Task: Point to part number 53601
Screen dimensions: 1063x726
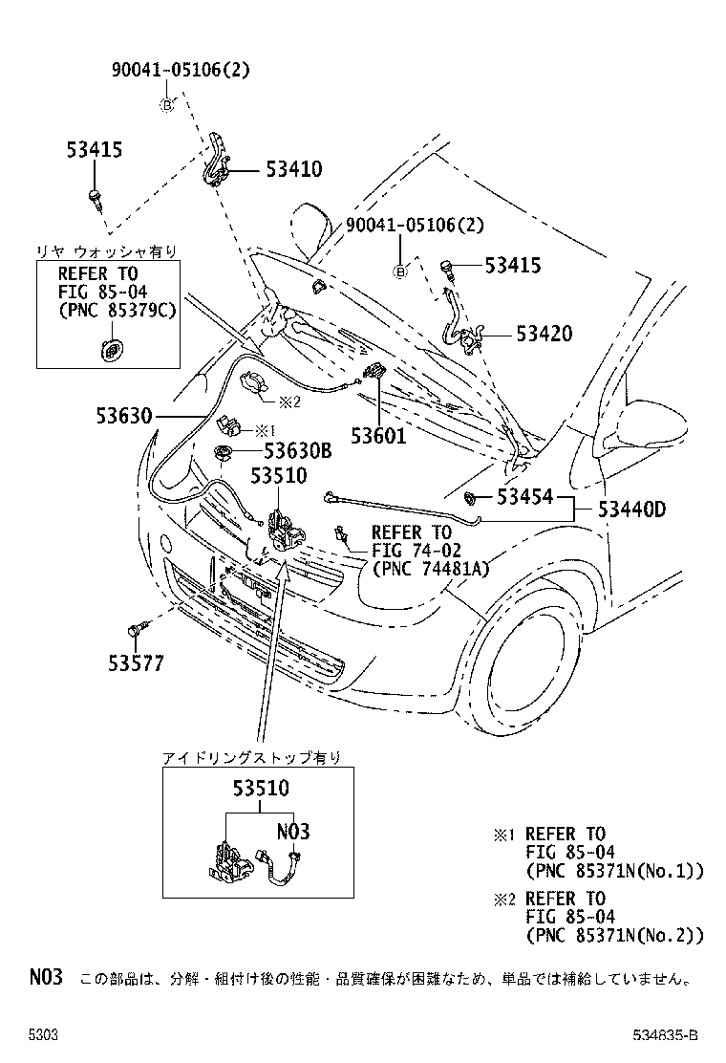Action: tap(377, 435)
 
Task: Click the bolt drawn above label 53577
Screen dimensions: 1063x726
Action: tap(136, 630)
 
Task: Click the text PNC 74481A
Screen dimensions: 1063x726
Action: tap(430, 569)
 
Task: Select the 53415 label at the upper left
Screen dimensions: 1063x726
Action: tap(95, 149)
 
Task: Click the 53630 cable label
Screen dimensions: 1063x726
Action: tap(123, 416)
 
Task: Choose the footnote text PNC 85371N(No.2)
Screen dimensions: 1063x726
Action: tap(614, 934)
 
